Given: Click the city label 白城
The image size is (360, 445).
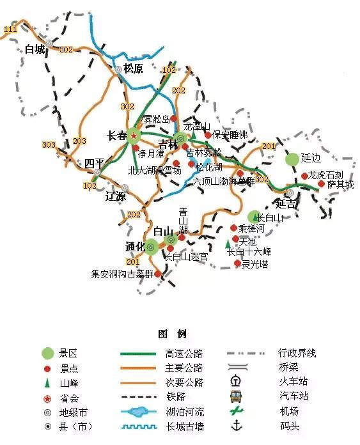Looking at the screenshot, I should click(35, 49).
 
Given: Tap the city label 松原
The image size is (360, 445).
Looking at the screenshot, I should click(134, 68).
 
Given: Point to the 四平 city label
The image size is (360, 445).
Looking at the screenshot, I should click(94, 163).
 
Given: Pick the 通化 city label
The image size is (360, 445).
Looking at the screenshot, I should click(135, 246).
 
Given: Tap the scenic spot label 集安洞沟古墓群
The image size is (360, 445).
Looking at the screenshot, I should click(122, 274).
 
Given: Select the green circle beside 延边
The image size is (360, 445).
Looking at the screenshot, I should click(292, 159).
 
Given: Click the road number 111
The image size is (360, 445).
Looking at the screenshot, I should click(10, 29).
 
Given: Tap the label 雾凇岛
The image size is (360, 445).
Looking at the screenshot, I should click(156, 119).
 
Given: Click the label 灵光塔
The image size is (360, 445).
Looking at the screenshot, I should click(255, 263).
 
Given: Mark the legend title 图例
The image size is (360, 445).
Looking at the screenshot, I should click(171, 334).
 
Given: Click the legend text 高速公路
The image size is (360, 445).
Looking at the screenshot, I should click(184, 353).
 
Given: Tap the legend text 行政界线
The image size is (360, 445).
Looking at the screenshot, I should click(297, 353).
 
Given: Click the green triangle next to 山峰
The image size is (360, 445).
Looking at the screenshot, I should click(47, 382).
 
